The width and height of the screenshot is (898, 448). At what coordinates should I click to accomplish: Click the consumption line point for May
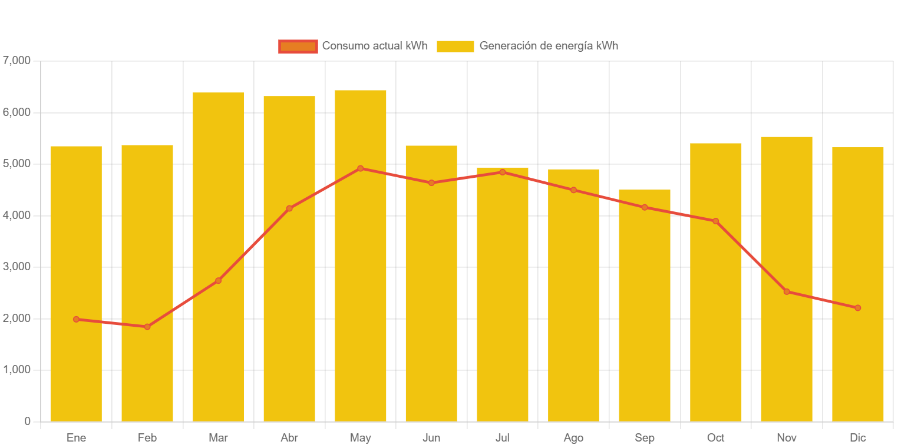click(x=360, y=168)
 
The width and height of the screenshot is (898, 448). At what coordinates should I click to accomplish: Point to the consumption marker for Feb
click(x=147, y=327)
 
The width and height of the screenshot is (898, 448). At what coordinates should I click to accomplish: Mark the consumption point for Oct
click(x=715, y=221)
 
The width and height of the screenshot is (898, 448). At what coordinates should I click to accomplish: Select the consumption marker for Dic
click(x=857, y=308)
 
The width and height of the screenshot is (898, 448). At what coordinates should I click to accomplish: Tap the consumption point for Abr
click(x=289, y=208)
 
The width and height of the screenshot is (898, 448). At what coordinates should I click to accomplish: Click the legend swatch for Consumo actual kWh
click(x=298, y=46)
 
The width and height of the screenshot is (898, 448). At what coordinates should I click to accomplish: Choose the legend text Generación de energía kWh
click(x=549, y=46)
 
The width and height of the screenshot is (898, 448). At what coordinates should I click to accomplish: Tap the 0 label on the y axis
click(x=27, y=422)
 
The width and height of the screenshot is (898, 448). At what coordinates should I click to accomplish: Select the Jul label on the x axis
click(x=502, y=438)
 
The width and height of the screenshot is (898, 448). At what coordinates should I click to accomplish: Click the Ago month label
click(x=573, y=438)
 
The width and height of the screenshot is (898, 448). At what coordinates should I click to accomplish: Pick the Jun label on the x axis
click(x=431, y=438)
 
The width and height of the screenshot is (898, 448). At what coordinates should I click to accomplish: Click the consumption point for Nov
click(x=786, y=291)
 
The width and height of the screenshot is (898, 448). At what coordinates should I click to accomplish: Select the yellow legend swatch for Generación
click(x=455, y=46)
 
